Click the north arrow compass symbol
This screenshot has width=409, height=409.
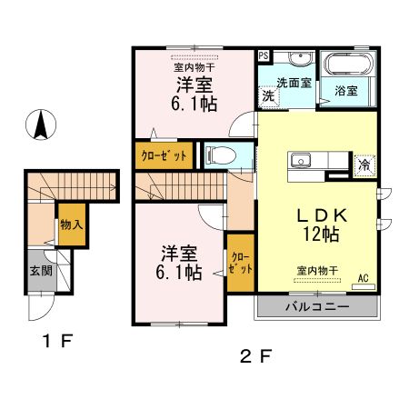click(x=41, y=125)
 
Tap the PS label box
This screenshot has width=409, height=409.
click(x=264, y=55)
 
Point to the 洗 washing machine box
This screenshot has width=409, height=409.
click(x=269, y=95)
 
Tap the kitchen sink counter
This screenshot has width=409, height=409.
click(x=314, y=162)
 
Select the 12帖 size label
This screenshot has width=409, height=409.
click(x=322, y=234)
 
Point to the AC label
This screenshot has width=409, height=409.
click(x=364, y=278)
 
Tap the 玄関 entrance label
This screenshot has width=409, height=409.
click(x=40, y=271)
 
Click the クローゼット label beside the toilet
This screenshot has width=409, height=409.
click(x=164, y=155)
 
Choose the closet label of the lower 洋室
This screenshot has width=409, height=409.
click(x=241, y=263)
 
